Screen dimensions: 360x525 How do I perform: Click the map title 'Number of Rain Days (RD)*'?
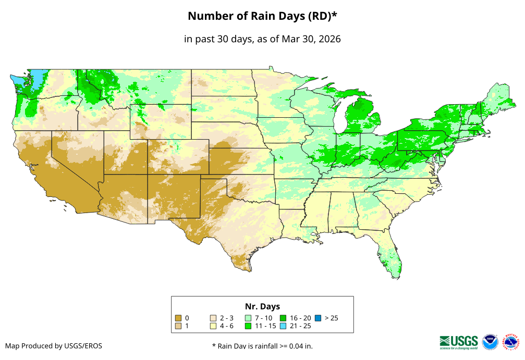pos(262,16)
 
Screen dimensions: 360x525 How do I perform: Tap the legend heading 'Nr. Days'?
pos(262,306)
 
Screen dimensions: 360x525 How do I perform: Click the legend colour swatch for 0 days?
pos(178,318)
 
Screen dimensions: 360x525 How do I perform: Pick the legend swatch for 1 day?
pos(178,326)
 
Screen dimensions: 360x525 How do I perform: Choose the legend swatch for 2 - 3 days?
pos(213,318)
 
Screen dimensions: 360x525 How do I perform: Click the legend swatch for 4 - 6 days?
pos(213,326)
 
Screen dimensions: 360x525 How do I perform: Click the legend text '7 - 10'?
pos(263,318)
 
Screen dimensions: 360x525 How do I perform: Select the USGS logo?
pos(459,342)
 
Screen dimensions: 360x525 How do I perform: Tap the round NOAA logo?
pos(490,342)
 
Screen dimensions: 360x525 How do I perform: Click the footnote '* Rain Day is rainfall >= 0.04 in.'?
pos(262,346)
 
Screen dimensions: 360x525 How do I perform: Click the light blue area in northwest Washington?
pos(36,78)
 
